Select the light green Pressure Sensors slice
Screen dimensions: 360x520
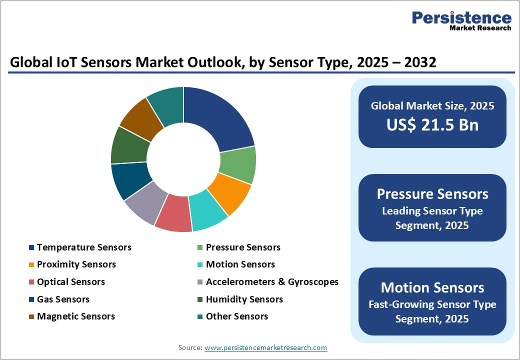point(238,165)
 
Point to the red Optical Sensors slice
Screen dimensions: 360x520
point(173,213)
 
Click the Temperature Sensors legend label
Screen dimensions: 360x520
point(84,247)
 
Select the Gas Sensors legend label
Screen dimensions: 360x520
point(63,299)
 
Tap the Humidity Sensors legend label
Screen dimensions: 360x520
point(244,299)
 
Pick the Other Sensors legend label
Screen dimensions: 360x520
point(237,316)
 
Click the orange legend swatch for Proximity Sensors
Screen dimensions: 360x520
point(31,265)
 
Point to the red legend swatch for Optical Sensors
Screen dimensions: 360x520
point(31,282)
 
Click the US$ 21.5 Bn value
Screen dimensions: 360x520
point(432,124)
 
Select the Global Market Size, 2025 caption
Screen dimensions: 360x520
point(432,106)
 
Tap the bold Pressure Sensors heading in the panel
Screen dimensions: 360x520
point(432,194)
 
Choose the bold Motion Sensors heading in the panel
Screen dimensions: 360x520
point(432,287)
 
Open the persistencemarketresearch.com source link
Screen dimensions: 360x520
point(265,347)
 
